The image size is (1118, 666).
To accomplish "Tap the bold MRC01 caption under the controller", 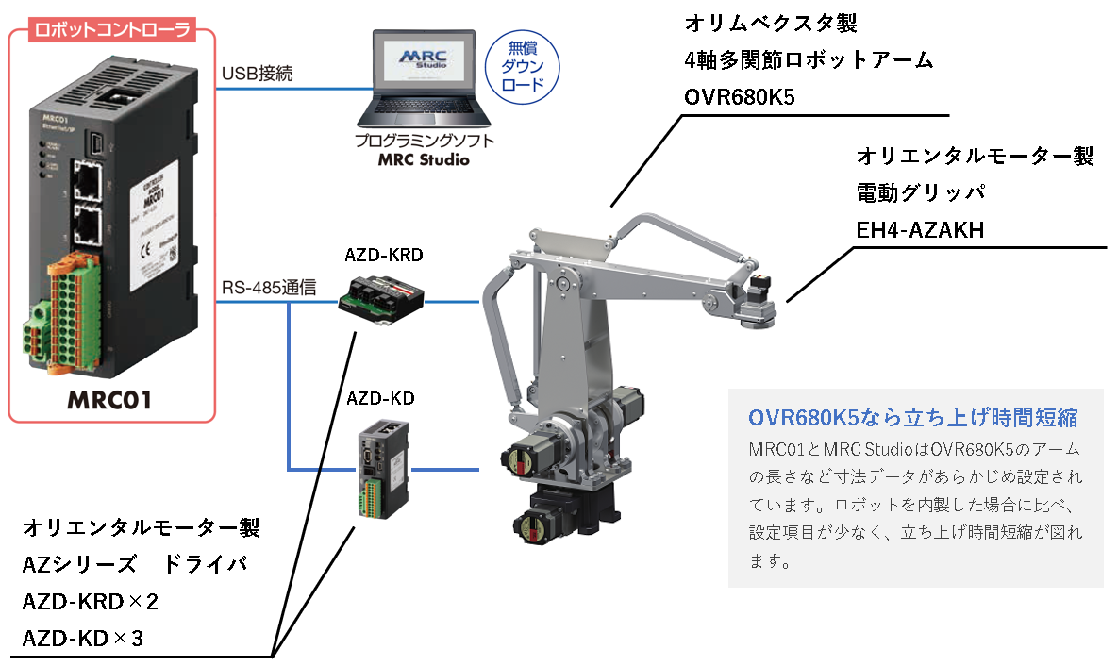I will tap(109, 400).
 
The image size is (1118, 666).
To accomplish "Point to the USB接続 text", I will tap(256, 73).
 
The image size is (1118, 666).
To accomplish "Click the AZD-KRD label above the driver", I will tap(382, 255).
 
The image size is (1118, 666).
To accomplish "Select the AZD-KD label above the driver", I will tap(380, 397).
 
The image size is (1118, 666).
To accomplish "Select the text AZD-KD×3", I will tap(82, 639).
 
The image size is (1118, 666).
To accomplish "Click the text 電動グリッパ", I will tap(920, 193).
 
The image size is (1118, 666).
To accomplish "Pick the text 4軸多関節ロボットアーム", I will tap(809, 60).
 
